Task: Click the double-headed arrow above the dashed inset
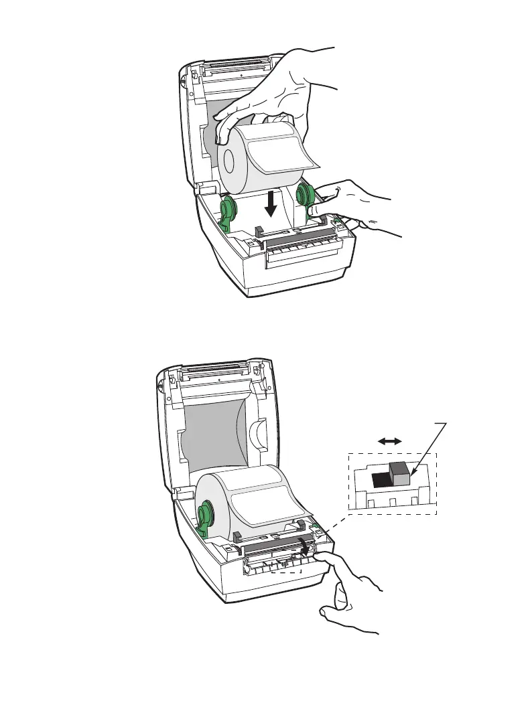click(x=389, y=440)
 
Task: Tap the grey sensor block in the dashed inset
click(x=399, y=474)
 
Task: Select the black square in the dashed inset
click(x=379, y=479)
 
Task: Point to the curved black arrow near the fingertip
click(x=308, y=547)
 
